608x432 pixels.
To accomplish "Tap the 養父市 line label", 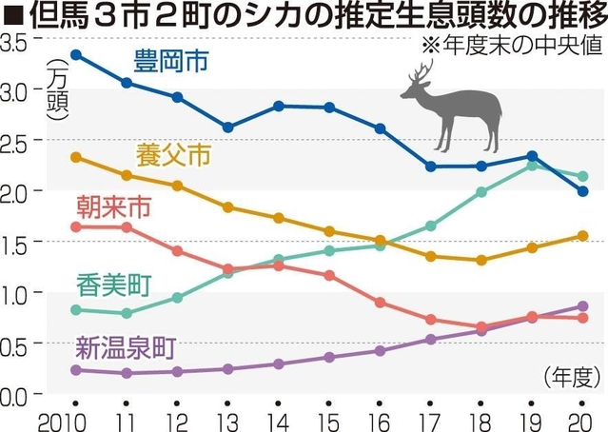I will coord(173,155).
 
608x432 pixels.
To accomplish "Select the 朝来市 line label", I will coord(111,206).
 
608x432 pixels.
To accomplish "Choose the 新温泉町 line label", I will coord(123,346).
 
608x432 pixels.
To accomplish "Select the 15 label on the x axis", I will coord(328,419).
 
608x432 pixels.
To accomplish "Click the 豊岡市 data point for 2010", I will coord(75,54).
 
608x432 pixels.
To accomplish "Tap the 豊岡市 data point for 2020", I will coord(583,191).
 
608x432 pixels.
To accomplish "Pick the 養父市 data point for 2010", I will coord(75,157).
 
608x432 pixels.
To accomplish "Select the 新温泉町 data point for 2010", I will coord(75,370).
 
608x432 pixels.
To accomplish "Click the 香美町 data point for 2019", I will coord(533,166).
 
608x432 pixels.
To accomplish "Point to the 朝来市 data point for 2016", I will coord(380,303).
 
